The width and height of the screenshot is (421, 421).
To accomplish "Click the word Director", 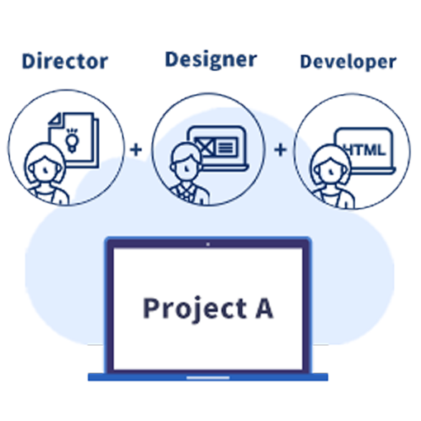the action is (65, 61).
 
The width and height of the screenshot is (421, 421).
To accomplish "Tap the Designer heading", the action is (211, 60).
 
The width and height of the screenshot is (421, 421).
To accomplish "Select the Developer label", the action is (348, 62).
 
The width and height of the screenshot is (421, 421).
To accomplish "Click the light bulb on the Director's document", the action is (72, 140).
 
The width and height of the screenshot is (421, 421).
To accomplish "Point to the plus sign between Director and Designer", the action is (136, 150).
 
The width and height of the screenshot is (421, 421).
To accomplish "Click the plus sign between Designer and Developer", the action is (281, 150).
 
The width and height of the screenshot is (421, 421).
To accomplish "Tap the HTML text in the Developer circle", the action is (366, 150).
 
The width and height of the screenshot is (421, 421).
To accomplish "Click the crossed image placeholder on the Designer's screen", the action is (205, 147).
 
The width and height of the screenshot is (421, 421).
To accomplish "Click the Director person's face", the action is (45, 170).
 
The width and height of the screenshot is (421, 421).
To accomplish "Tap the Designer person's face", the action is (186, 167).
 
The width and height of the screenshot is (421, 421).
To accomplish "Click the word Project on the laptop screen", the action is (195, 309).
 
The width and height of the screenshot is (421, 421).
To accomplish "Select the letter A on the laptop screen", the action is (264, 308).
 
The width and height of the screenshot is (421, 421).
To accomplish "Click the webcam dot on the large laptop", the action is (208, 244).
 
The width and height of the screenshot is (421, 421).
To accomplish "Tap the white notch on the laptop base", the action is (208, 378).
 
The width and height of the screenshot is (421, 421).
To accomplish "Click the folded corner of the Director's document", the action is (55, 119).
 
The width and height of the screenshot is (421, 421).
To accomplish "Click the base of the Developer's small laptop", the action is (373, 171).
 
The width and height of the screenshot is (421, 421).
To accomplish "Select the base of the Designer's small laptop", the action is (225, 168).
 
